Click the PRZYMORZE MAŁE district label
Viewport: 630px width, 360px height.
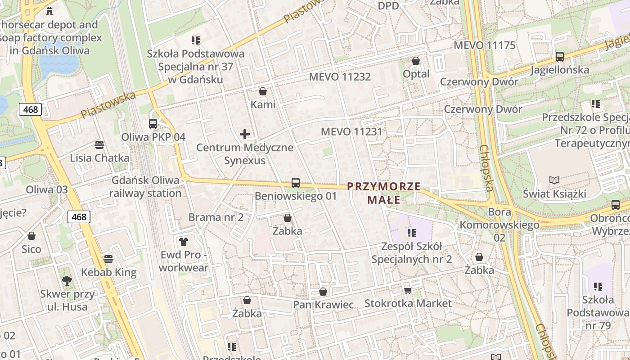click(384, 193)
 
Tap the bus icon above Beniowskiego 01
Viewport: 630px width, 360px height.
click(296, 183)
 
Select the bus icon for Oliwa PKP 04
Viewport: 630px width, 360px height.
click(153, 123)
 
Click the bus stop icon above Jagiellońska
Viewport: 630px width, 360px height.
click(560, 57)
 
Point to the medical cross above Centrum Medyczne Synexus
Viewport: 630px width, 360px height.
click(245, 134)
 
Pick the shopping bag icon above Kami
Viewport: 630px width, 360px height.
click(263, 91)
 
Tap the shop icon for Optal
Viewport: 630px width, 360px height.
click(416, 60)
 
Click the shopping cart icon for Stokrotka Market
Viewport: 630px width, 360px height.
click(408, 290)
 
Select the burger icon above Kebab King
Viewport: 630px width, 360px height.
click(108, 259)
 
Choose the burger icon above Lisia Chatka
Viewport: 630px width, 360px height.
click(99, 144)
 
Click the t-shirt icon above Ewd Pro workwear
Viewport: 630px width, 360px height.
click(183, 242)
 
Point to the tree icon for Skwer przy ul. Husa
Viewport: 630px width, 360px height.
click(67, 281)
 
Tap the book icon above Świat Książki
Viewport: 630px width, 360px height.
click(554, 180)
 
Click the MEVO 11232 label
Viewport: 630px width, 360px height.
click(340, 76)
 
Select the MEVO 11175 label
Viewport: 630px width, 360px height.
click(485, 45)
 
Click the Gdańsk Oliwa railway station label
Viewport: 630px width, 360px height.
click(145, 187)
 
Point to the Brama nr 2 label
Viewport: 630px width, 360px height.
click(216, 217)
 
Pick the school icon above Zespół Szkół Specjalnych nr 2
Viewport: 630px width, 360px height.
click(412, 233)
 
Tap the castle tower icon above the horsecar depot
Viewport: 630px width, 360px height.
click(49, 11)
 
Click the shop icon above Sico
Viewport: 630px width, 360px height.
click(31, 236)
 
